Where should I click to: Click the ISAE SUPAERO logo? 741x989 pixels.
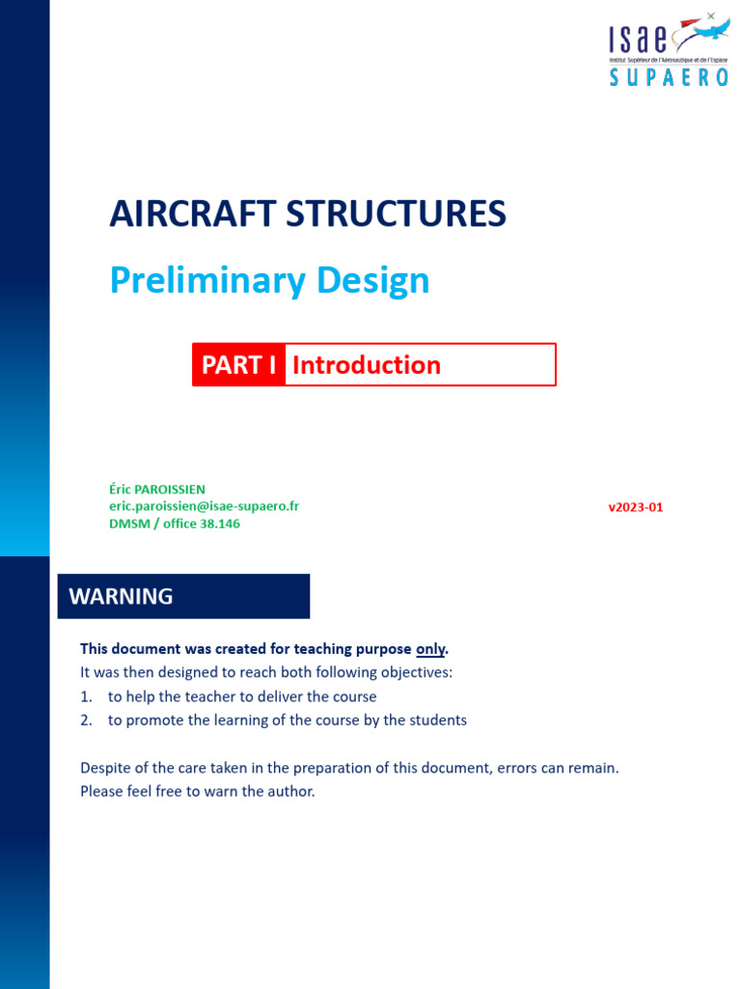tap(668, 50)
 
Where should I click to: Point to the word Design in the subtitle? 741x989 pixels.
tap(372, 281)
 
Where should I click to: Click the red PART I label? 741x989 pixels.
tap(238, 365)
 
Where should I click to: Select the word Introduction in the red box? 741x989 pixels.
tap(367, 365)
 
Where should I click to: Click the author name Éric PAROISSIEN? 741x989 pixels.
tap(157, 490)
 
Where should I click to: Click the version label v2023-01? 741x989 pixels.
tap(635, 507)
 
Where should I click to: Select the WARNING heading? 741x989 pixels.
tap(122, 597)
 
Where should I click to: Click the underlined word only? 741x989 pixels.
tap(430, 648)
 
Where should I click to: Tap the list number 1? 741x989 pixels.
tap(85, 696)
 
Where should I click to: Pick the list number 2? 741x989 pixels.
tap(85, 721)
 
